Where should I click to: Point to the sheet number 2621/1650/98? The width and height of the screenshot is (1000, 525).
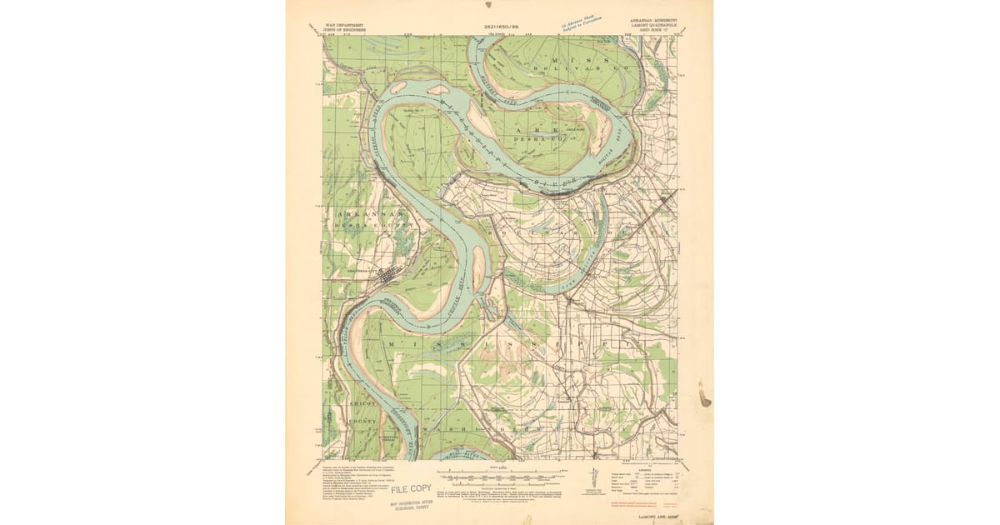pyautogui.click(x=501, y=27)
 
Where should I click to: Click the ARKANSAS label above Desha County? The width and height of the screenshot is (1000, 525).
pyautogui.click(x=353, y=214)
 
